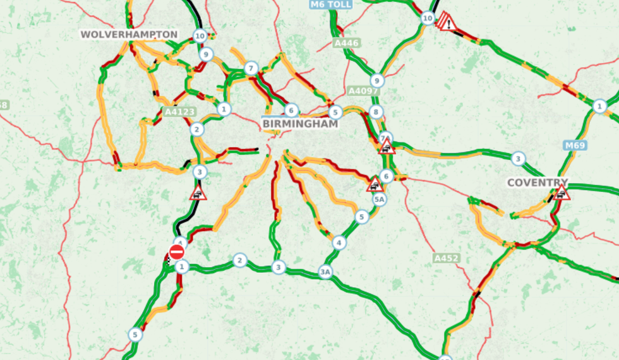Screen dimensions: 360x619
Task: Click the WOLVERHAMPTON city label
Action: (129, 34)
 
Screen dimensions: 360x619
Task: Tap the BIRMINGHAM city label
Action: (300, 124)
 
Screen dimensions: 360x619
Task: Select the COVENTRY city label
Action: (538, 183)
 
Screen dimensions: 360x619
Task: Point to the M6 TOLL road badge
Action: (330, 4)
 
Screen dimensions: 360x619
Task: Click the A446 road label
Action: (346, 43)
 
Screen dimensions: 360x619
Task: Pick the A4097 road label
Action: (363, 91)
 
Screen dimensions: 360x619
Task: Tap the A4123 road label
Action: (180, 112)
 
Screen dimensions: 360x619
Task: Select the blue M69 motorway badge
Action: (575, 145)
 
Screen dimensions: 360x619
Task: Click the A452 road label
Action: (446, 258)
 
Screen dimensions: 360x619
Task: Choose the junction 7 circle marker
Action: (251, 68)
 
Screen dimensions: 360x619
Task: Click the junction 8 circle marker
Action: (376, 112)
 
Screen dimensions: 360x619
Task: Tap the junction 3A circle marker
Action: (325, 272)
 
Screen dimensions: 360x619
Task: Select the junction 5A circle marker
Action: (379, 200)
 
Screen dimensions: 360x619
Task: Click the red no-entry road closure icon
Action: (176, 252)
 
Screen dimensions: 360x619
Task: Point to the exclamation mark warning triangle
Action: (448, 22)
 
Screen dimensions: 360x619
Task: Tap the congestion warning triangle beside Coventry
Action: (561, 193)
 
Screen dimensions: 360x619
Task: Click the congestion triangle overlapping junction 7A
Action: (387, 147)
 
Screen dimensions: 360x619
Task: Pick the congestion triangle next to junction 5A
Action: (375, 184)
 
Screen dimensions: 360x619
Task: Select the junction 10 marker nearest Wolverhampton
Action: (200, 35)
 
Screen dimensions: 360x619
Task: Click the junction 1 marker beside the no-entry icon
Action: (182, 267)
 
